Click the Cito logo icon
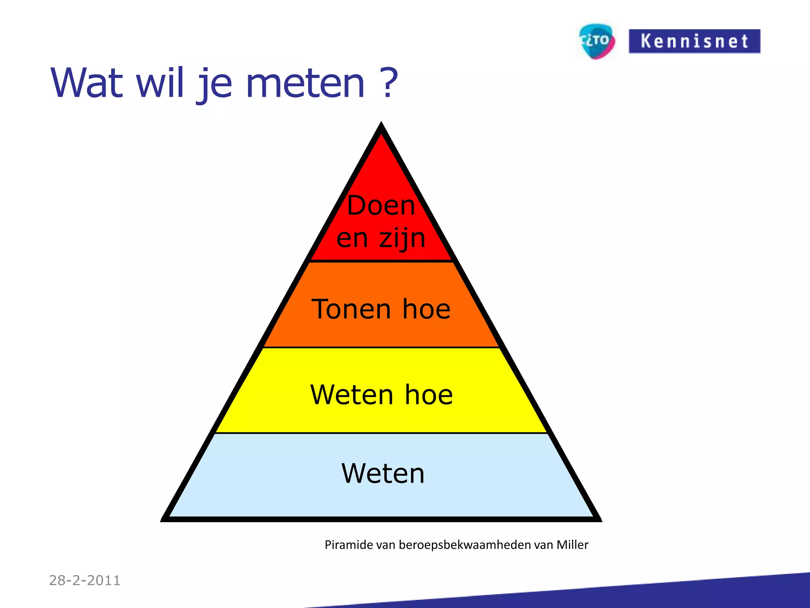tap(597, 41)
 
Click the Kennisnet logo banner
tap(694, 41)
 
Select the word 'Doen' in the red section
tap(381, 206)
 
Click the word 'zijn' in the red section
tap(402, 239)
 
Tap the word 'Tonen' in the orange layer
tap(351, 309)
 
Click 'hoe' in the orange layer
tap(426, 309)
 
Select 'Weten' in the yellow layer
tap(351, 395)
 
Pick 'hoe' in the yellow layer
tap(429, 395)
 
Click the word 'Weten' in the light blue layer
tap(383, 473)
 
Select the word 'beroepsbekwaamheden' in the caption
tap(465, 545)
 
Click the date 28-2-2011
tap(85, 580)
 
